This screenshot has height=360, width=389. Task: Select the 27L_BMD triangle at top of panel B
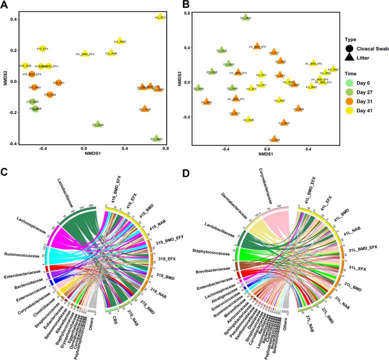(x=245, y=18)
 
